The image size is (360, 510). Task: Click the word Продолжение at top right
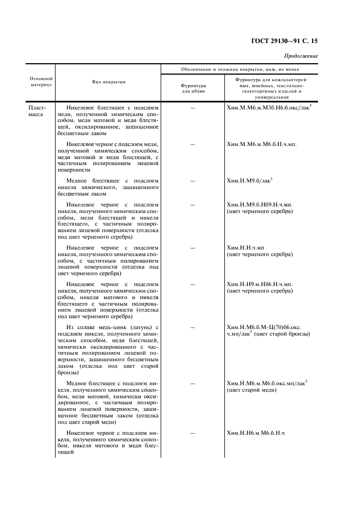point(301,56)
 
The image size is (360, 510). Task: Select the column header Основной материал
point(41,82)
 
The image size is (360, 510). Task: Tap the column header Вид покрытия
point(109,82)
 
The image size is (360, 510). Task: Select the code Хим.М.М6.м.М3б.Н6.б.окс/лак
point(269,108)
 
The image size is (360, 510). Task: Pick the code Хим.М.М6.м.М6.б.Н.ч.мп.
point(261,144)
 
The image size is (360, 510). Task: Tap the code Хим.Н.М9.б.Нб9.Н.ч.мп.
point(260,204)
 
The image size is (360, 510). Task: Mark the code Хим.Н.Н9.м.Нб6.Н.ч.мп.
point(260,284)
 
